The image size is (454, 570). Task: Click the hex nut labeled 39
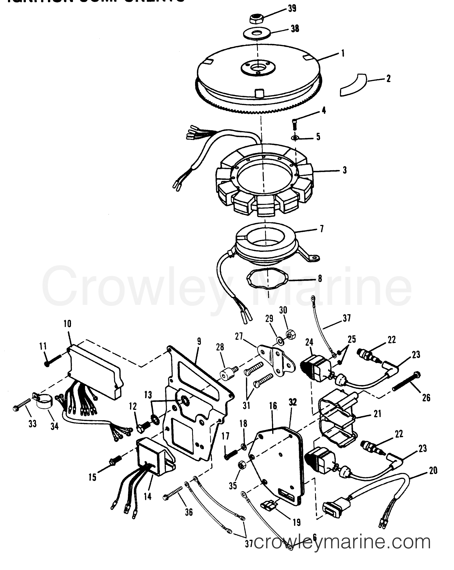point(255,19)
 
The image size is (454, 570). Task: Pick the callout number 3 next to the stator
point(344,170)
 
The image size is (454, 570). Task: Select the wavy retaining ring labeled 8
point(268,283)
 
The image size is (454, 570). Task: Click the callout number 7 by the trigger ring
point(321,229)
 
